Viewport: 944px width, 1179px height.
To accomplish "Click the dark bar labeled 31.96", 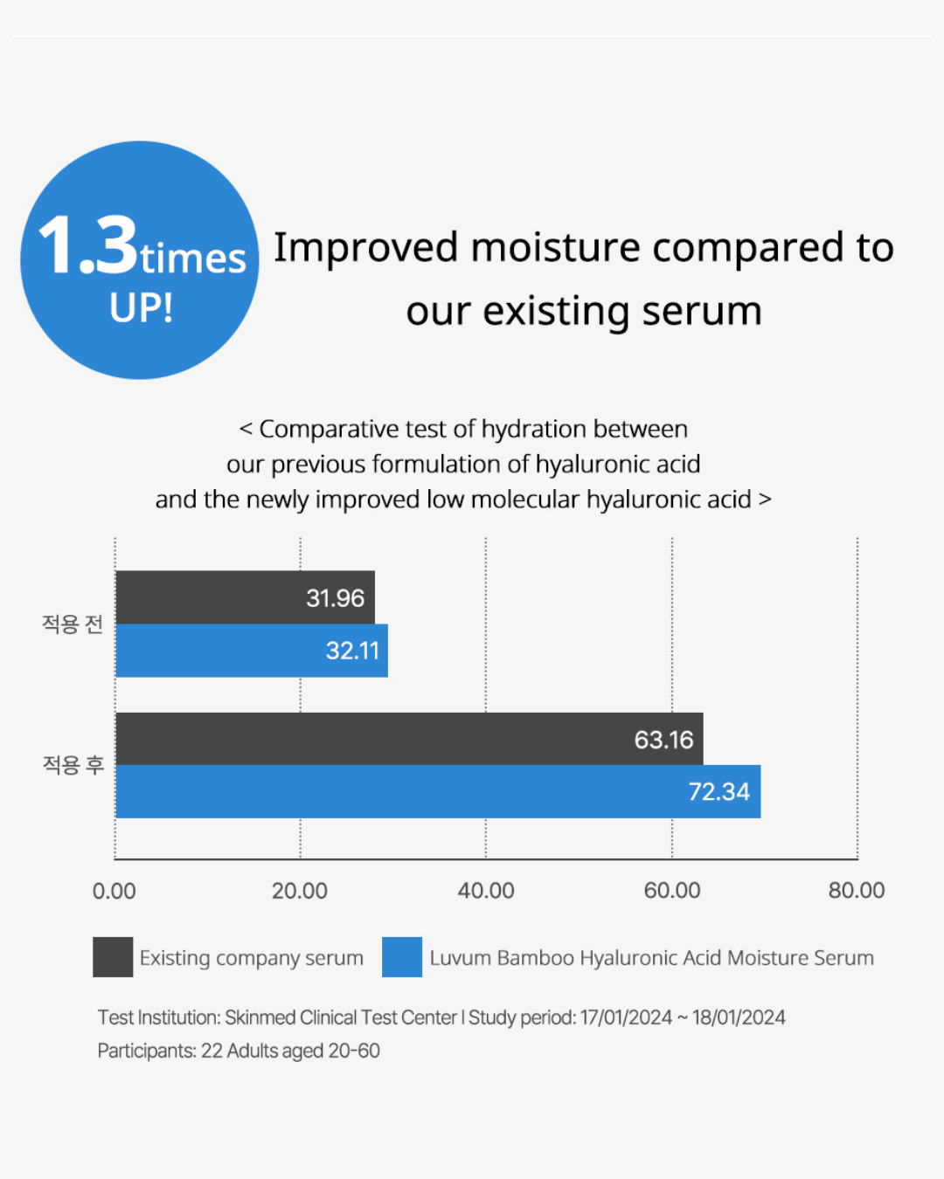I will (x=245, y=597).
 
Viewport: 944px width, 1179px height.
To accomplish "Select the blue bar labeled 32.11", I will (x=252, y=651).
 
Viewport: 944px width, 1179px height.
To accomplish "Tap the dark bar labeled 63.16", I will (x=409, y=739).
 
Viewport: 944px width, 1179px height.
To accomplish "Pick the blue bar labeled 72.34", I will (x=437, y=792).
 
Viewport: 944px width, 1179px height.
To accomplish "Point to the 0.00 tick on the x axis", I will (x=115, y=891).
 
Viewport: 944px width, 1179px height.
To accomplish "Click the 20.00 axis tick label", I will (x=300, y=891).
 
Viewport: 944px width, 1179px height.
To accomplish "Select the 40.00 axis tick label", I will (x=486, y=891).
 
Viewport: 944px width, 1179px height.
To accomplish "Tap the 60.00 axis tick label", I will (x=672, y=891).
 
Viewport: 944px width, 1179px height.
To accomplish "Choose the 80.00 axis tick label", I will (x=857, y=891).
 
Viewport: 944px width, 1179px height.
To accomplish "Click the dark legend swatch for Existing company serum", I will (x=113, y=957).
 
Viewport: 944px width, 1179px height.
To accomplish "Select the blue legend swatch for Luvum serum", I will (x=402, y=957).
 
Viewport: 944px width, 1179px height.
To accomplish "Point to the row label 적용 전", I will (x=73, y=624).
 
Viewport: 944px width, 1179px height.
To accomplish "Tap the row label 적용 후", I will (x=73, y=765).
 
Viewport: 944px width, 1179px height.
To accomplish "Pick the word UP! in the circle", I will (x=142, y=307).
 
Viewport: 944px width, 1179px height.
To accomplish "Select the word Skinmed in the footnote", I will (x=260, y=1017).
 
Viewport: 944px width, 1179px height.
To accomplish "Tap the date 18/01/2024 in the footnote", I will (x=739, y=1017).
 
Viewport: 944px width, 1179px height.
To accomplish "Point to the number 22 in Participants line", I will (x=212, y=1051).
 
